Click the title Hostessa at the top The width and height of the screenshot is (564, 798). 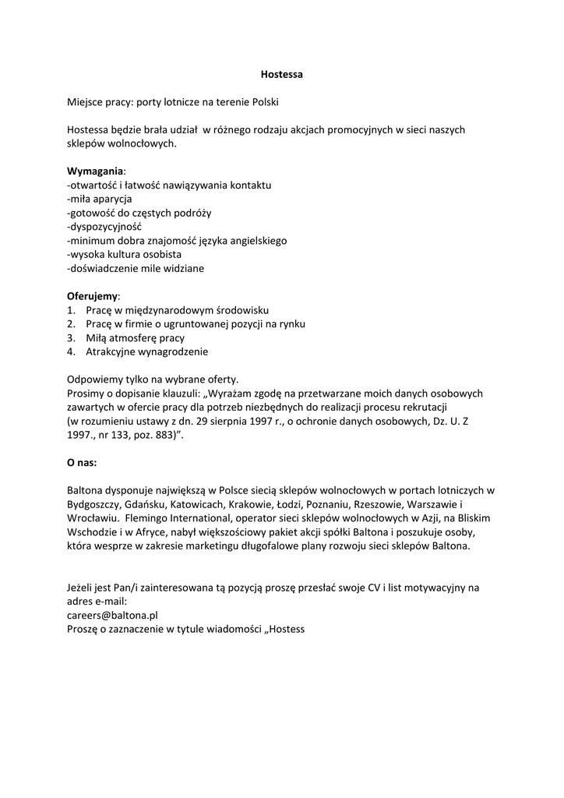tap(281, 75)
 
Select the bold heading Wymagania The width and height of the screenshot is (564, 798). tap(95, 171)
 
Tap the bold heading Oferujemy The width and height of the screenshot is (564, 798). tap(93, 296)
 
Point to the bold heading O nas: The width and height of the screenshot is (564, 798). tap(82, 462)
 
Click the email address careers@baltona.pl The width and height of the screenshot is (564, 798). tap(112, 614)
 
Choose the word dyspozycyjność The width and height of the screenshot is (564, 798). tap(106, 227)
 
